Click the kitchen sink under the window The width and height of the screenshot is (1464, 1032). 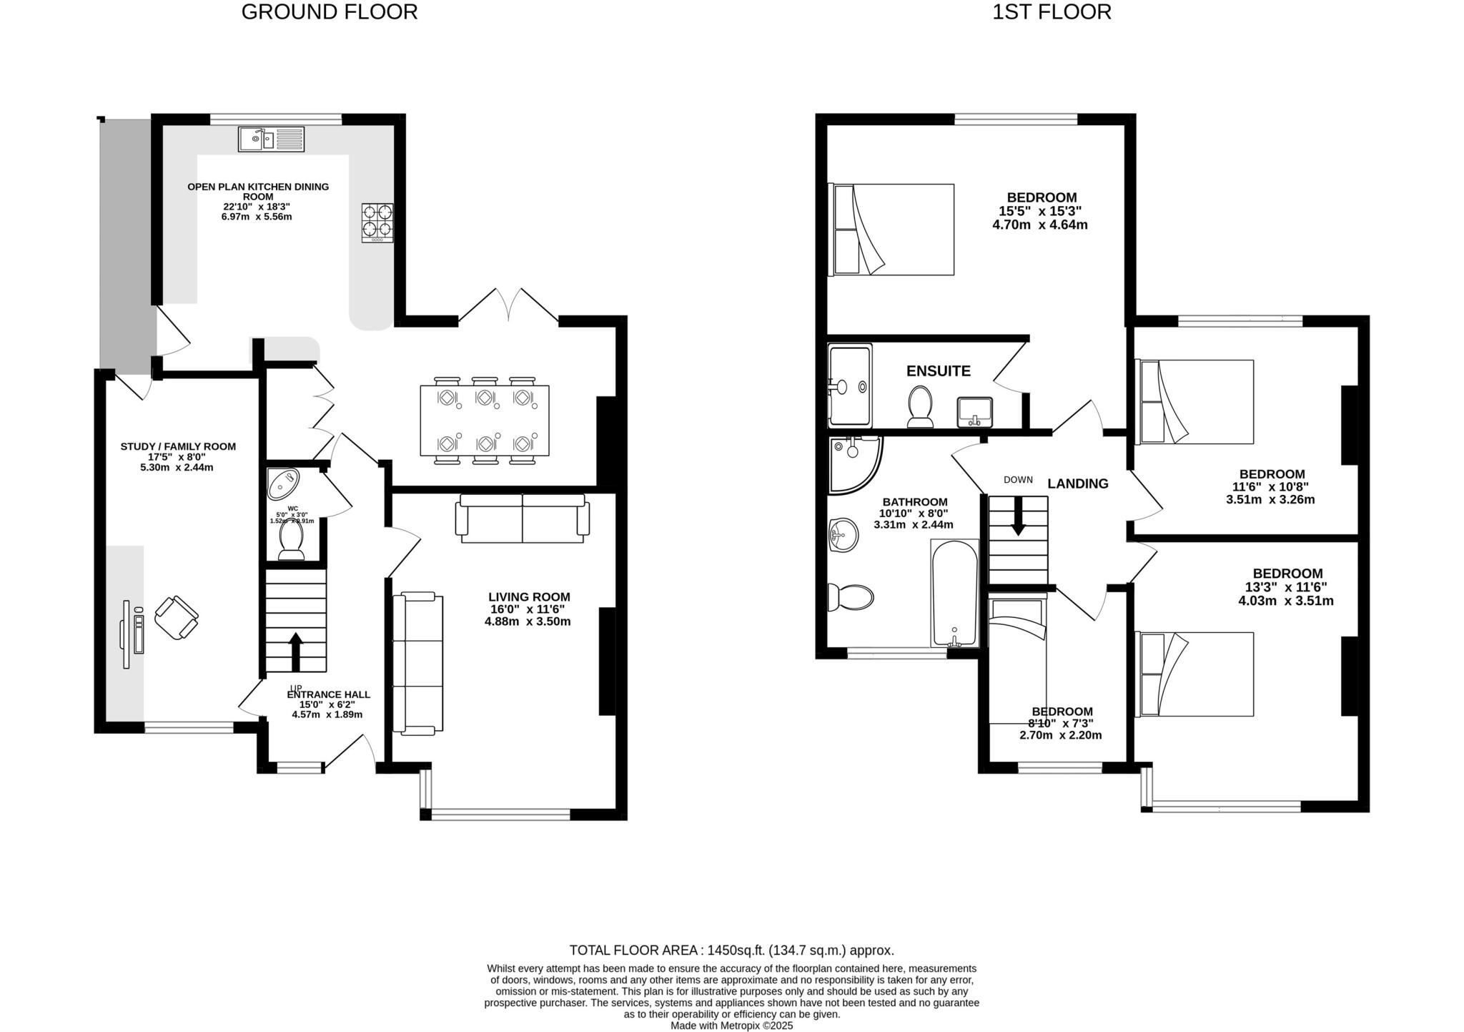point(270,139)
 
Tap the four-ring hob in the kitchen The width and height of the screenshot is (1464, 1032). point(377,222)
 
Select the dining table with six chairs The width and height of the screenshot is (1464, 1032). point(484,420)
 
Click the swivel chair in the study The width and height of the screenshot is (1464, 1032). point(176,617)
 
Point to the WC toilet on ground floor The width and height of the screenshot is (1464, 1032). point(291,541)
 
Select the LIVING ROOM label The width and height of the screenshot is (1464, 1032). point(529,596)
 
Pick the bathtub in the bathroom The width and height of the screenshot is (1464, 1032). point(954,593)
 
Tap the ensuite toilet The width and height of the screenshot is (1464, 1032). point(919,406)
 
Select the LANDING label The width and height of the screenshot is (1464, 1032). point(1077,483)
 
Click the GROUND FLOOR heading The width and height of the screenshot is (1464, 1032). point(329,12)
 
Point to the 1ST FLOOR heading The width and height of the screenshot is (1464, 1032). point(1051,12)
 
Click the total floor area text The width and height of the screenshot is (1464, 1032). point(731,950)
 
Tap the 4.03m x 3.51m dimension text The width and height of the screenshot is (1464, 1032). point(1285,601)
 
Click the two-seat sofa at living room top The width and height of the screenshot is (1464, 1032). point(523,518)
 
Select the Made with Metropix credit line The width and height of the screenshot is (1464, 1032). point(731,1025)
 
